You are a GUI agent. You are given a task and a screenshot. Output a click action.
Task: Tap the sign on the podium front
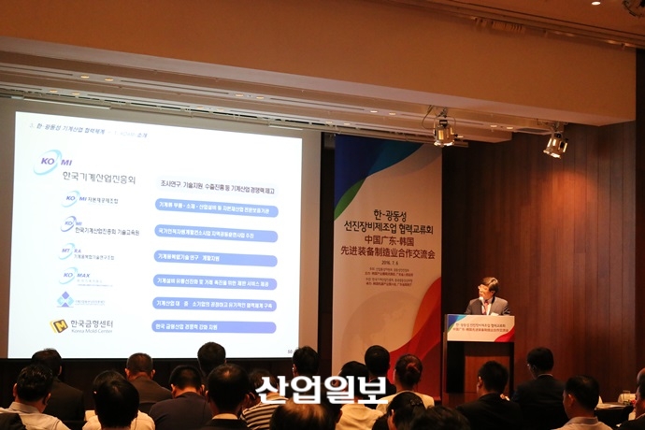coord(480,329)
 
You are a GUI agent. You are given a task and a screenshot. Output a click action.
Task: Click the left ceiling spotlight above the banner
coord(443,134)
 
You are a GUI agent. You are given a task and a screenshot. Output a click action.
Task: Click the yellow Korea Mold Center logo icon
coord(58,325)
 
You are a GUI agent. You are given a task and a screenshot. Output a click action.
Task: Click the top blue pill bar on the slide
coord(216,210)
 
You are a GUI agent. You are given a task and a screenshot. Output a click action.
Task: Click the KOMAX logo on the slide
coord(68,276)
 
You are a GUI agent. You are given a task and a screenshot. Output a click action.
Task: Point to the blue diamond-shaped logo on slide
coord(64,299)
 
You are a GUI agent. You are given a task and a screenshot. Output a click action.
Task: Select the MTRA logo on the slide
coord(68,251)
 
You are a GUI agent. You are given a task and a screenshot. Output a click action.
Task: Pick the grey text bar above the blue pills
coord(216,183)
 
